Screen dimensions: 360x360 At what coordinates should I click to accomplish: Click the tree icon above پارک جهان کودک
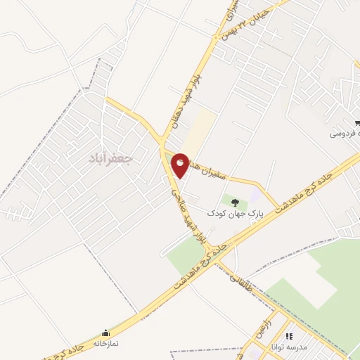236,202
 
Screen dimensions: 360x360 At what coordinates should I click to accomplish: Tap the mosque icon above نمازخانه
106,333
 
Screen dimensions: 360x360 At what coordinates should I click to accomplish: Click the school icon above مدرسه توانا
289,337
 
